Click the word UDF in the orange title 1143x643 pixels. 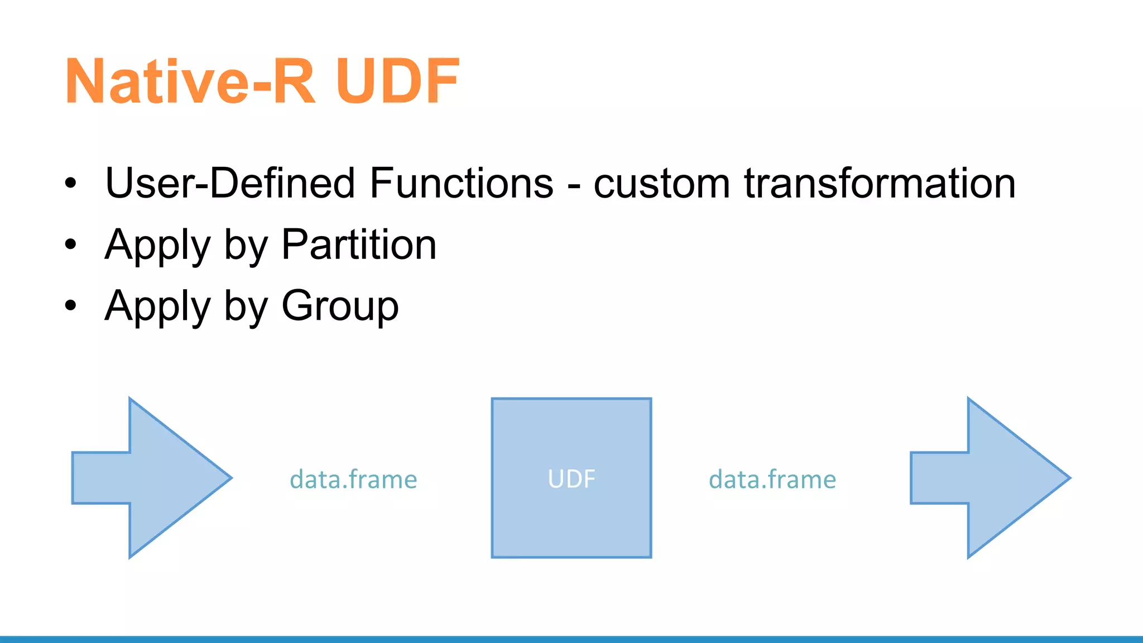pos(397,81)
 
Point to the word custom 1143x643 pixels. pos(661,184)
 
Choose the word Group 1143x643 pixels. pos(340,306)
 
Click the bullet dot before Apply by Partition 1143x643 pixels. pos(70,244)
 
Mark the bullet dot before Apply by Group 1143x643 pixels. pos(70,305)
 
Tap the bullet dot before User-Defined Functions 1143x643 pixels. pos(70,183)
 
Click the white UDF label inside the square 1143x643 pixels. pos(571,479)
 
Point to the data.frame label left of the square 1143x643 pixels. pos(353,479)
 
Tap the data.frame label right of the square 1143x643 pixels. pos(772,479)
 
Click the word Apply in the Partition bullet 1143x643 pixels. pos(158,246)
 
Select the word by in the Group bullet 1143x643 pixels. pos(246,307)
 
